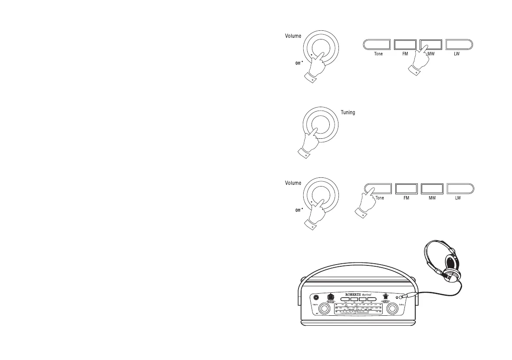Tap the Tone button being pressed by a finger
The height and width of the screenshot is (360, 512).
[x=376, y=189]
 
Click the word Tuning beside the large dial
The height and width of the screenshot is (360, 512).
[x=348, y=113]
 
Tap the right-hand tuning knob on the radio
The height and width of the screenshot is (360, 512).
[x=393, y=309]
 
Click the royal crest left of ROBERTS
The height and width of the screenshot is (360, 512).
[x=331, y=297]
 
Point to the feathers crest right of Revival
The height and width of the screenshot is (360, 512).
[x=384, y=297]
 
